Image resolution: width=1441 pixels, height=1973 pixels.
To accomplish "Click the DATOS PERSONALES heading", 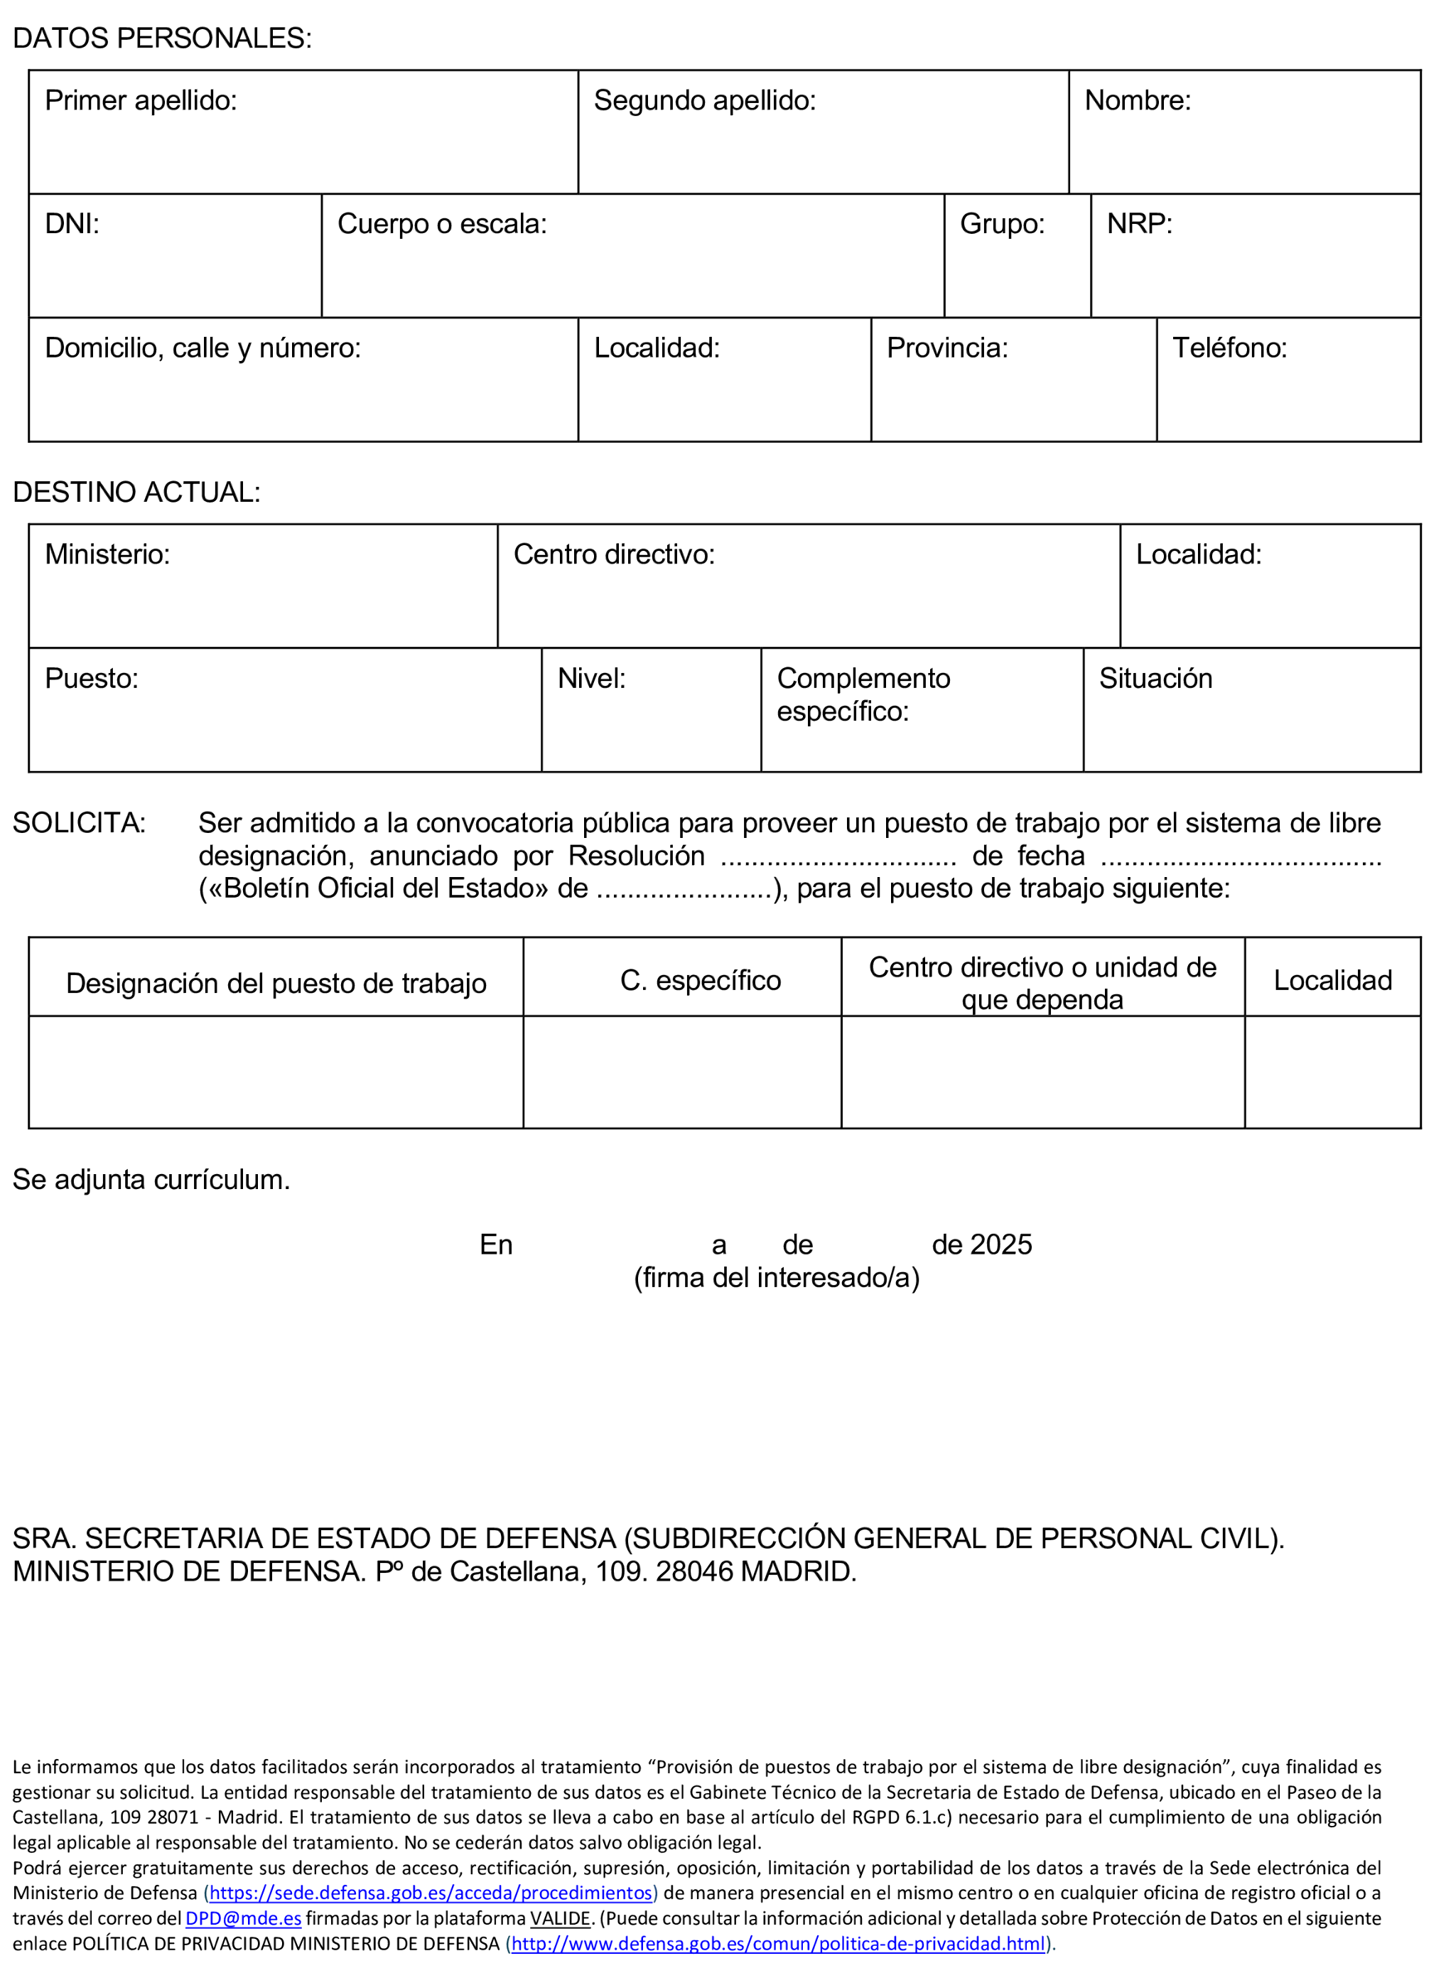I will tap(161, 38).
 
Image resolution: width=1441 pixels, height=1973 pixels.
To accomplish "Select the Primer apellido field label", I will tap(141, 100).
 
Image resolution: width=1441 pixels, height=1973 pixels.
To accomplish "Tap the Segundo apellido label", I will tap(704, 100).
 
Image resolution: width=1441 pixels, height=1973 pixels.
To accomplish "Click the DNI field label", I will tap(72, 224).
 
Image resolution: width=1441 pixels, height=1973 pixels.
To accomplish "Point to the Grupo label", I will tap(1001, 224).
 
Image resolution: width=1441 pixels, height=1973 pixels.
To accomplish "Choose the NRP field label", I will tap(1138, 224).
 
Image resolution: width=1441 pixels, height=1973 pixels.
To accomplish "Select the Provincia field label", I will tap(946, 348).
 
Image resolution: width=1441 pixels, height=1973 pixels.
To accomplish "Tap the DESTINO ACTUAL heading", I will tap(136, 492).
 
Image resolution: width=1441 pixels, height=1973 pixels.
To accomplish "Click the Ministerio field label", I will tap(107, 555).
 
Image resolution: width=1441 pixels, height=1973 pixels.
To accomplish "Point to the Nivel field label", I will tap(590, 679).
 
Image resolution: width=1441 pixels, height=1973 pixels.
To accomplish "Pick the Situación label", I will tap(1155, 679).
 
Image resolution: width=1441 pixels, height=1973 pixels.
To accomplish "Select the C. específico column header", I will tap(700, 980).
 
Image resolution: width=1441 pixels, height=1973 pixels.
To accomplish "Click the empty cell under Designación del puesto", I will tap(276, 1072).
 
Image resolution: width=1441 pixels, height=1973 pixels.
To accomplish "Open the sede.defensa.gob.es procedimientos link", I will tap(430, 1893).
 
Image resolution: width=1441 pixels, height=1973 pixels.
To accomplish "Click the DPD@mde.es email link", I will tap(244, 1918).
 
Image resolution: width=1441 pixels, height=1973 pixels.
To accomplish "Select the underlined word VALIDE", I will tap(560, 1918).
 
